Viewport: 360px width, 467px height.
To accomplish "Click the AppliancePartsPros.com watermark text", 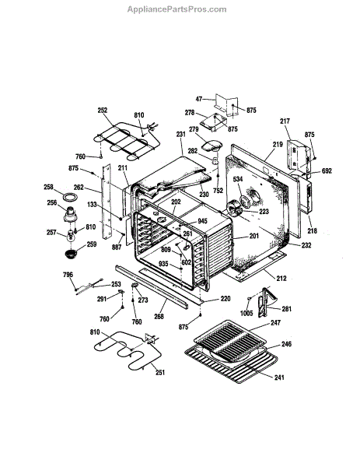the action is (x=177, y=9).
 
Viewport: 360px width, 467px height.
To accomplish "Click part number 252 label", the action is (x=103, y=111).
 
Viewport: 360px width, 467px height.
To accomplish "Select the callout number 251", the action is (x=160, y=372).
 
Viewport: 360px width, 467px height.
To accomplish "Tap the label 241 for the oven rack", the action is (x=279, y=377).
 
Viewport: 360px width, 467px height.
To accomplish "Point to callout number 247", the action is (x=275, y=322).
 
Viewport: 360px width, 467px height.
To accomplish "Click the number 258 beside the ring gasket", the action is (x=48, y=187).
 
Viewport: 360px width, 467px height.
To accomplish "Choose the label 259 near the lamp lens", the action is (x=92, y=244).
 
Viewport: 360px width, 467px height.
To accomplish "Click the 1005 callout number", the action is (x=246, y=313).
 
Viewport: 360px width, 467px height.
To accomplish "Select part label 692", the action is (x=327, y=171).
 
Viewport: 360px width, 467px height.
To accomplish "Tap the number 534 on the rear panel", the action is (x=238, y=179).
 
